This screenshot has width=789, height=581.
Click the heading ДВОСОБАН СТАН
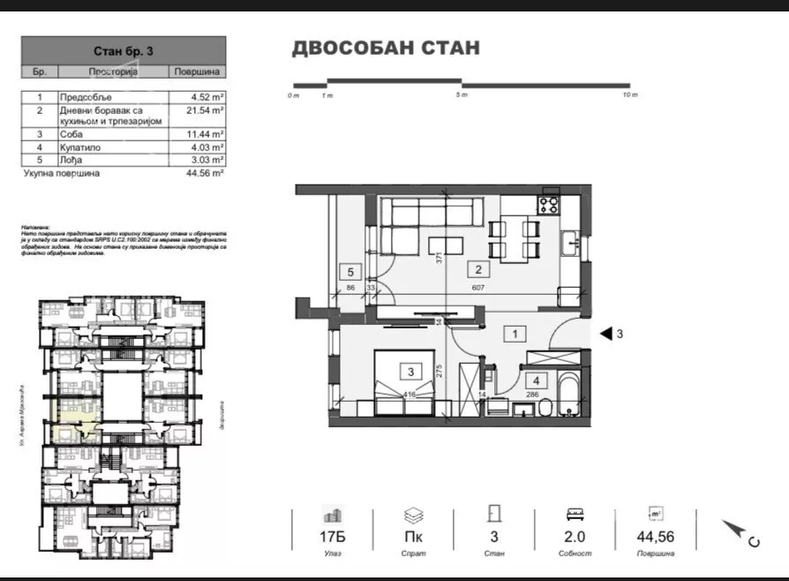point(386,48)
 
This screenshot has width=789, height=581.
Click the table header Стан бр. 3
point(123,50)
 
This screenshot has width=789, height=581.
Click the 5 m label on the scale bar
point(462,94)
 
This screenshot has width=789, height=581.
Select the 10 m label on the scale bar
point(629,94)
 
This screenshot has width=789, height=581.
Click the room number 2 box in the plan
point(478,270)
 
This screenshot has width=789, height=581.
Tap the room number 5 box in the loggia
point(350,272)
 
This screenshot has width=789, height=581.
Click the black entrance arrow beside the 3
point(606,334)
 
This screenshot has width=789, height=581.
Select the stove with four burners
point(548,205)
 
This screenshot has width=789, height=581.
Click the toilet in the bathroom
point(546,406)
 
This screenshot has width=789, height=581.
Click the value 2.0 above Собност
point(575,535)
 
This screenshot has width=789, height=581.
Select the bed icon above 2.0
point(575,513)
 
